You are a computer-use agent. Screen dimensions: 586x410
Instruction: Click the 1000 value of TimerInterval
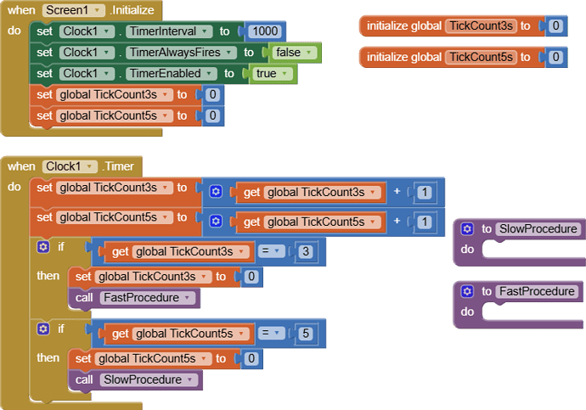[x=265, y=31]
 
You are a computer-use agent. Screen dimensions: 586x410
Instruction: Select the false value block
[x=294, y=53]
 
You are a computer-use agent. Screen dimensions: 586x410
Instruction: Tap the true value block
[x=272, y=74]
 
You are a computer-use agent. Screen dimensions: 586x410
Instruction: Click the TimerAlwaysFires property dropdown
[x=181, y=53]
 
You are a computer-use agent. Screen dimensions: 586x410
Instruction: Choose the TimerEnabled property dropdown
[x=172, y=74]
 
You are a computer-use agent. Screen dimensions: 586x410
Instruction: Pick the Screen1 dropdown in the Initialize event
[x=73, y=10]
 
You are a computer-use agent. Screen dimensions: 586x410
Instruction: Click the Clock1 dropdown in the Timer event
[x=70, y=166]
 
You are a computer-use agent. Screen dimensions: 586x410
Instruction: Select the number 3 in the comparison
[x=306, y=251]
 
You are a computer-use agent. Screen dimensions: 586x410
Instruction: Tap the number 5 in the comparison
[x=306, y=334]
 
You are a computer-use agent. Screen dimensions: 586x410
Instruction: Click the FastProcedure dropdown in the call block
[x=147, y=298]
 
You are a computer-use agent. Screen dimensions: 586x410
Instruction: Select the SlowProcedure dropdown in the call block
[x=149, y=379]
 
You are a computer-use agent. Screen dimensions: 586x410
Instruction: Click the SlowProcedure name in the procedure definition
[x=538, y=228]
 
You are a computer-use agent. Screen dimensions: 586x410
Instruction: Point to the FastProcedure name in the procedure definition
[x=537, y=291]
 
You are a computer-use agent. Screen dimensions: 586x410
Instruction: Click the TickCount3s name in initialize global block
[x=481, y=25]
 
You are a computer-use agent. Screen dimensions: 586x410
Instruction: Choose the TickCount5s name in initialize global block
[x=481, y=57]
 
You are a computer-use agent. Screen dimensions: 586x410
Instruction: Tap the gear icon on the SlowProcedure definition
[x=467, y=228]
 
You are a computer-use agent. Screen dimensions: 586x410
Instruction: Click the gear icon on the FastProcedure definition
[x=467, y=291]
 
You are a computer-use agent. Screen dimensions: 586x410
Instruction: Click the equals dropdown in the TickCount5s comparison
[x=271, y=333]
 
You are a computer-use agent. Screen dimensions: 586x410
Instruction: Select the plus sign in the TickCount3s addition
[x=397, y=191]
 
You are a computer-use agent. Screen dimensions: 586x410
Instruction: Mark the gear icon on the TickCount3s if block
[x=43, y=247]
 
